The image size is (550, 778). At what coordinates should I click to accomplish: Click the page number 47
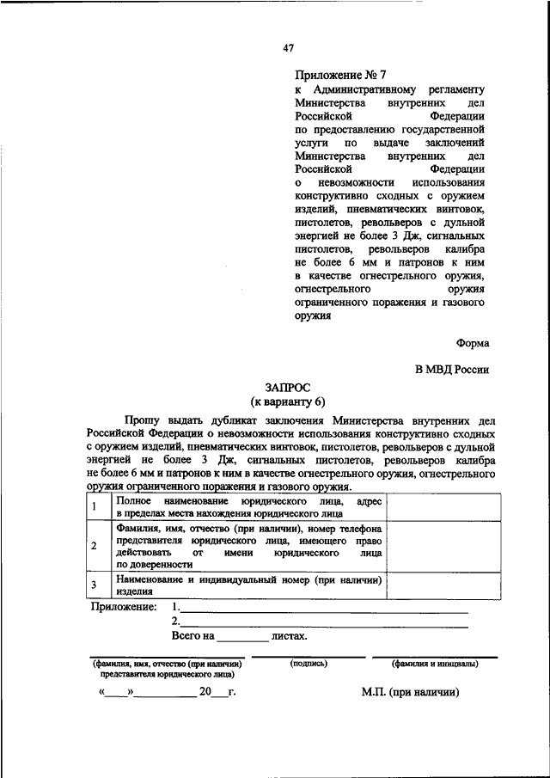click(x=288, y=48)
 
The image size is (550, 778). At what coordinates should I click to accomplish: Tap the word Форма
click(x=473, y=342)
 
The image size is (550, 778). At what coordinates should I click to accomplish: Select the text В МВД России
click(x=452, y=370)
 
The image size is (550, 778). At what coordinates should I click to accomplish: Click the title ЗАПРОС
click(x=287, y=389)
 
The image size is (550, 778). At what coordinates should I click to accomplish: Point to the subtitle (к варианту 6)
click(x=288, y=401)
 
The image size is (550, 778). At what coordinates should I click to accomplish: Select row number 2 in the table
click(x=95, y=546)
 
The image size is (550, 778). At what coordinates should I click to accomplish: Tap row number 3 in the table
click(x=95, y=586)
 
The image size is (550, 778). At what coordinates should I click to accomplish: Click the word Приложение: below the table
click(x=124, y=607)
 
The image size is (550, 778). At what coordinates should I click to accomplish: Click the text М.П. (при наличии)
click(x=411, y=692)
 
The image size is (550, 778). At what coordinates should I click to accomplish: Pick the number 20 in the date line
click(x=205, y=692)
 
